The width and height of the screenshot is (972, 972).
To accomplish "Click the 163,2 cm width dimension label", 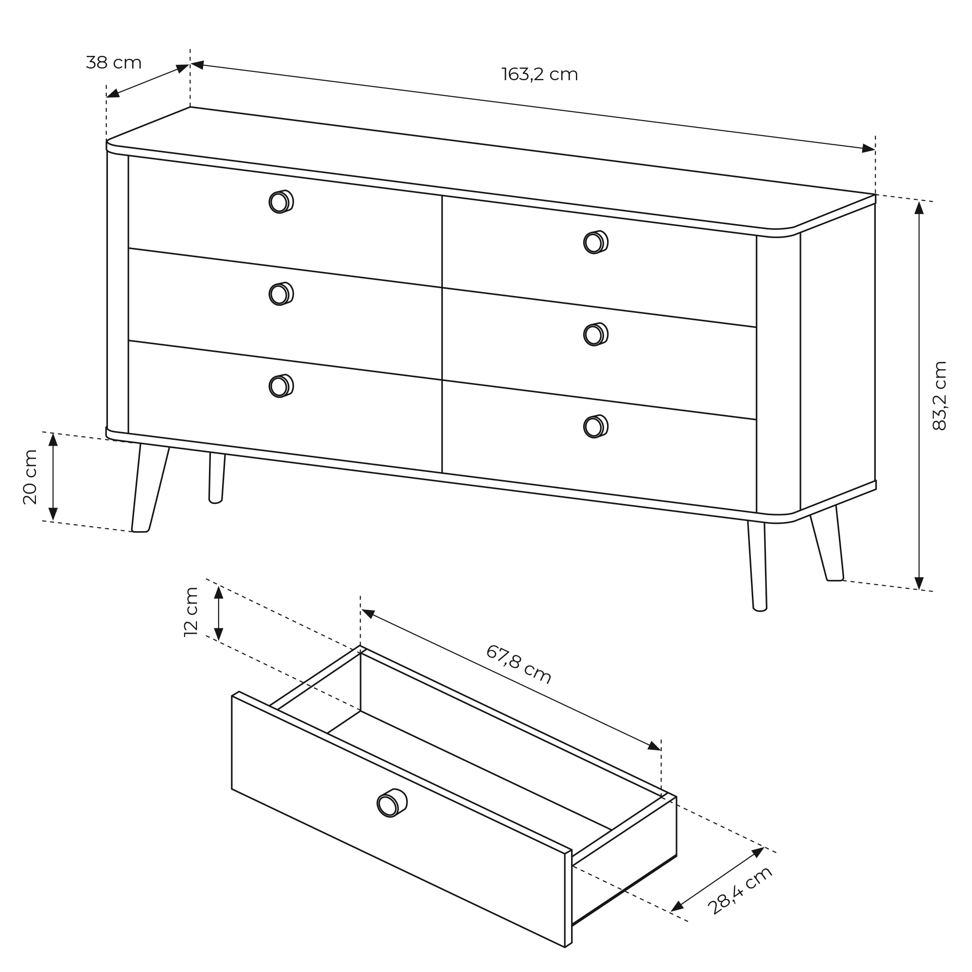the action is tap(539, 74).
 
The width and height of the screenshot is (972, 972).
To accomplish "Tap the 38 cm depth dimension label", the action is tap(114, 63).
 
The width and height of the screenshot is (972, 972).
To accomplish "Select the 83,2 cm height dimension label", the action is tap(939, 396).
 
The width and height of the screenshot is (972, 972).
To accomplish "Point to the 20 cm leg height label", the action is tap(30, 476).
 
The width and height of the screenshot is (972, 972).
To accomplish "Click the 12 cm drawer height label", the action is tap(191, 612).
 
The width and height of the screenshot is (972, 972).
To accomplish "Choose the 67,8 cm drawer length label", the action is tap(519, 664).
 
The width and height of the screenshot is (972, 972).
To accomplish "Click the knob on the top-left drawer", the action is tap(281, 202).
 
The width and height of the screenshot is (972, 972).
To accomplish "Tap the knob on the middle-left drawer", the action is tap(281, 294).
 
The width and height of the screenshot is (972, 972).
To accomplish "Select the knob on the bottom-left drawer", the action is tap(281, 386).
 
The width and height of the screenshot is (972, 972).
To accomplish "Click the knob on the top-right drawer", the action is tap(596, 242).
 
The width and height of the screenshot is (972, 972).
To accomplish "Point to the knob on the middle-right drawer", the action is tap(596, 334).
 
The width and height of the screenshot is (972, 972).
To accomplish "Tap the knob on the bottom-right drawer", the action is tap(596, 426).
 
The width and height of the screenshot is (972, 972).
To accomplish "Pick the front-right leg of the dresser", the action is tap(758, 566).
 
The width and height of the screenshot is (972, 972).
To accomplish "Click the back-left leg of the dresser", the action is tap(217, 477).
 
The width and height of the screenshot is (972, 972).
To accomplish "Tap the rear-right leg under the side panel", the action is tap(827, 543).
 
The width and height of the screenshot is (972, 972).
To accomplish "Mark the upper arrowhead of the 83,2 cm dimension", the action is tap(919, 208).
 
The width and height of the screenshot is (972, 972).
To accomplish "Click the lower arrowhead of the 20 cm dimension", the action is tap(53, 514).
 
